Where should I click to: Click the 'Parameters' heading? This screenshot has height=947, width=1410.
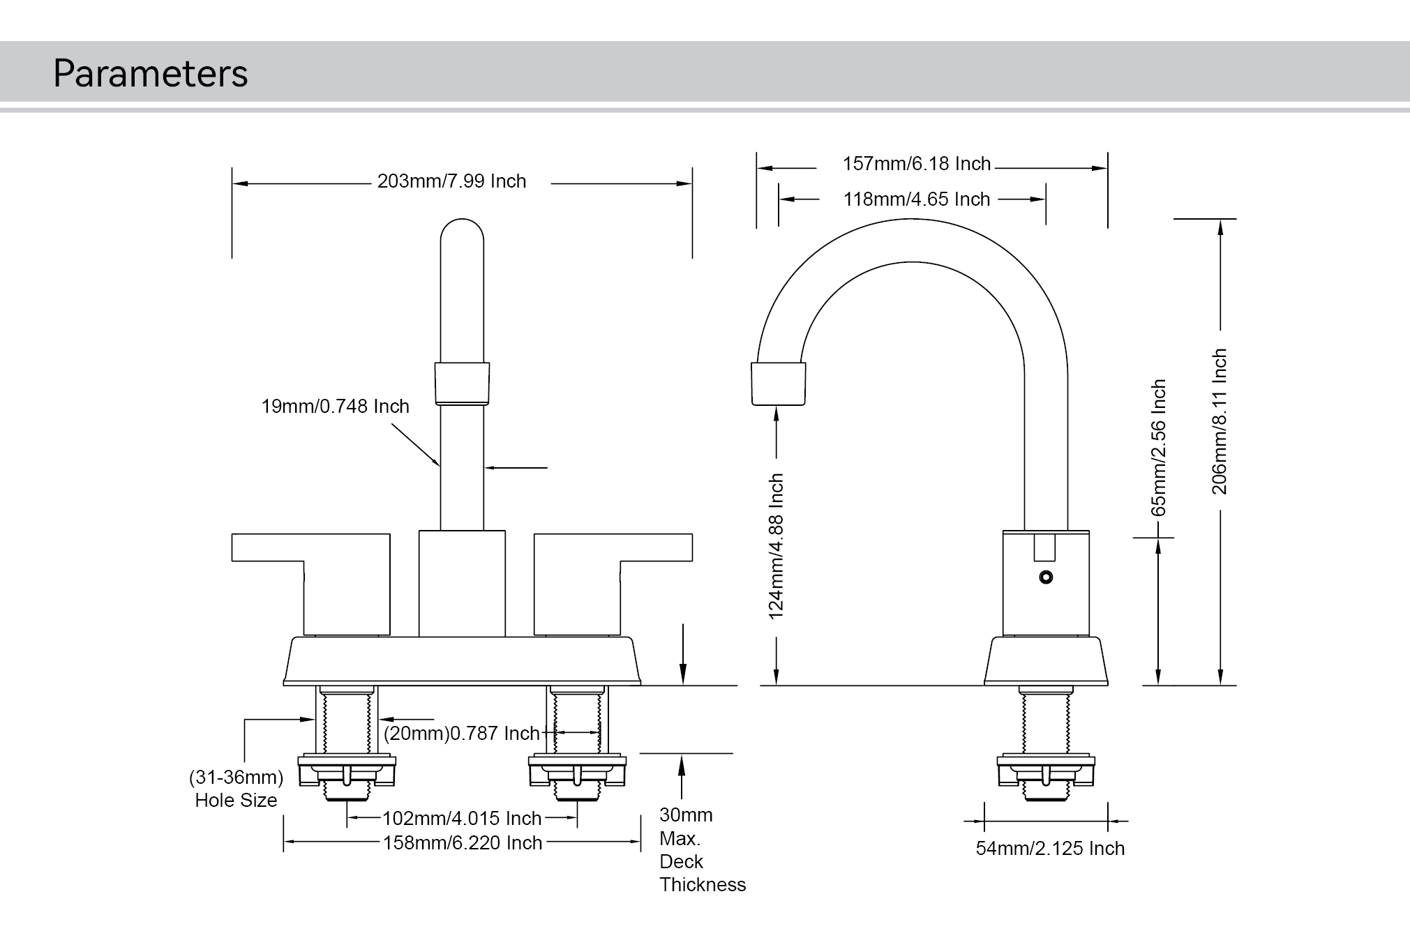click(150, 73)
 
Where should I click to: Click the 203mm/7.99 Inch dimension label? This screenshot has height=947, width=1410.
click(451, 181)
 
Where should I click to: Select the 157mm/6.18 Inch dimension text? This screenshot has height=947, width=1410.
click(916, 164)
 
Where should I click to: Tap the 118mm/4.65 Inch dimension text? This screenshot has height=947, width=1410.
click(916, 199)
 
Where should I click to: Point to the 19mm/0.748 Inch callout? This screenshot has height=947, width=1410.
click(335, 407)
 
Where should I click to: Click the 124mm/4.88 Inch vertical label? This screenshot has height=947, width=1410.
click(776, 546)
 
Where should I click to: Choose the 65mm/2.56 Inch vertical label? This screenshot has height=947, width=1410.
click(1158, 448)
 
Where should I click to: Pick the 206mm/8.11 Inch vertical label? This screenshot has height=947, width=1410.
click(1219, 422)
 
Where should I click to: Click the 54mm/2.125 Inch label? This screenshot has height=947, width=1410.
click(1049, 849)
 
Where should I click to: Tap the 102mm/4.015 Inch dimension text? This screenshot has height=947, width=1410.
click(462, 818)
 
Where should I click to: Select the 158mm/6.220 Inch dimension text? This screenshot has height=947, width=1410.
click(462, 842)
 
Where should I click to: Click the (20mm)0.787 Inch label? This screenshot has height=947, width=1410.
click(461, 734)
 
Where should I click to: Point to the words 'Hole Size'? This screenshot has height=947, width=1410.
click(236, 801)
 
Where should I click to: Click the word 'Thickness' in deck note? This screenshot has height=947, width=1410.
click(702, 885)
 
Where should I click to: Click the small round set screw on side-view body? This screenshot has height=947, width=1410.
click(1045, 577)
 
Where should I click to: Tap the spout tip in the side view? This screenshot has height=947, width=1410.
click(778, 384)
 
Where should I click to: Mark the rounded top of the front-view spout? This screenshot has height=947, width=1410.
click(462, 234)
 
